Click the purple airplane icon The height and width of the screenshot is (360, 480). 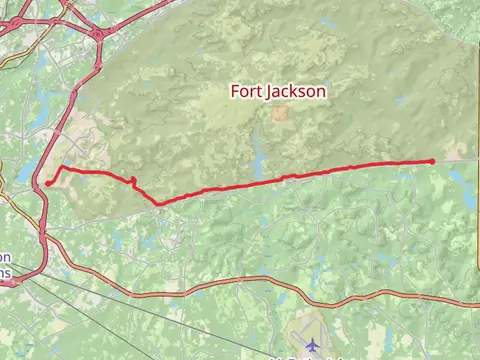[311, 343]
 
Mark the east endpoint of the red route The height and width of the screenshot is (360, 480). [432, 161]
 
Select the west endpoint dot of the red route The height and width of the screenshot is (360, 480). [48, 183]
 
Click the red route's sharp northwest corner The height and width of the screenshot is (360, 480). [62, 168]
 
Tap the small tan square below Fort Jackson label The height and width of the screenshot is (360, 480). [279, 113]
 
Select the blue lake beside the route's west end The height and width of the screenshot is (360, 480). [28, 173]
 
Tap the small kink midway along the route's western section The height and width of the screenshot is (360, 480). [134, 180]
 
